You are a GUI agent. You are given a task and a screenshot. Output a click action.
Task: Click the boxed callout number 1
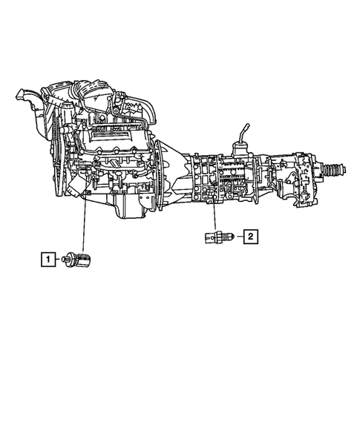click(x=48, y=259)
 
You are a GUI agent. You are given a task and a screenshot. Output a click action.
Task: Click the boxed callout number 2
click(x=251, y=237)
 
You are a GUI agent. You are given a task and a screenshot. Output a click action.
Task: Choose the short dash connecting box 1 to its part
click(x=59, y=259)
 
